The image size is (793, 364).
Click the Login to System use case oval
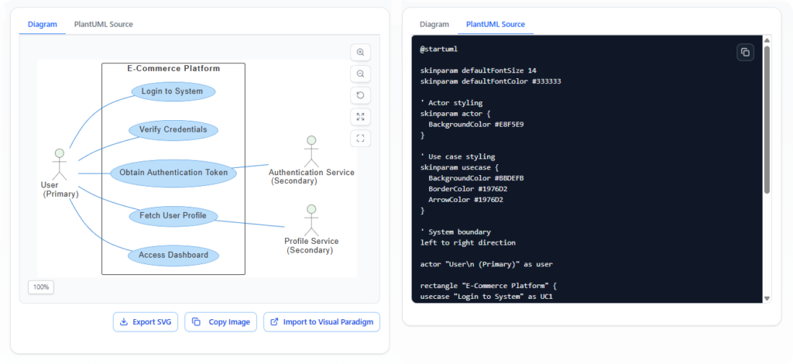click(x=173, y=91)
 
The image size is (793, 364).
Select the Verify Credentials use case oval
click(x=173, y=130)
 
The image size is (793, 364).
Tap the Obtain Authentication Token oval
click(x=173, y=173)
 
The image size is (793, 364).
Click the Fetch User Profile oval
click(x=173, y=215)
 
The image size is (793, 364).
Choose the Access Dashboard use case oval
click(x=173, y=255)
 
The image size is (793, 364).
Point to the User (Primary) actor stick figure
click(x=59, y=163)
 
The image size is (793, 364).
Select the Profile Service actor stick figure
click(x=311, y=220)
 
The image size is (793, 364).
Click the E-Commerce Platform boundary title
click(x=173, y=69)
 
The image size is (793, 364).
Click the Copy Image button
click(x=221, y=322)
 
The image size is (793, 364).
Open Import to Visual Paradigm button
click(x=321, y=322)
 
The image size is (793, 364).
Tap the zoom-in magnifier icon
click(x=360, y=52)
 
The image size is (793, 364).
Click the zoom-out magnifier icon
click(x=360, y=74)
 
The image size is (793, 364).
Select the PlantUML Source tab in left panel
click(x=103, y=24)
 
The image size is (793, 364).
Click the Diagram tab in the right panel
click(x=434, y=24)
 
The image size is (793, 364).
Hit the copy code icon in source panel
click(x=744, y=52)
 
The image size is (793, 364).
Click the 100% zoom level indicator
click(x=41, y=287)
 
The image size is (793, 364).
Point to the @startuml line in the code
click(x=439, y=49)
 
